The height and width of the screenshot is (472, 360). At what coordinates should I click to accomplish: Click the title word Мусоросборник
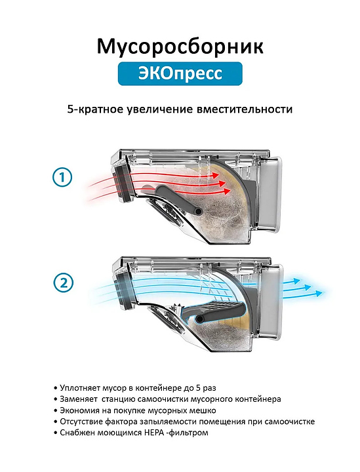[x=180, y=47]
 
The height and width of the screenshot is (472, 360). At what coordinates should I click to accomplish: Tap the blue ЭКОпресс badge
[x=180, y=73]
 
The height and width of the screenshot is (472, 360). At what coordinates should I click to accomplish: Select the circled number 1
[x=62, y=177]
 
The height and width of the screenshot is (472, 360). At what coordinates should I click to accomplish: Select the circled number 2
[x=63, y=283]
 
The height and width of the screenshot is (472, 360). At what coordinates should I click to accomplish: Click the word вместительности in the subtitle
[x=244, y=109]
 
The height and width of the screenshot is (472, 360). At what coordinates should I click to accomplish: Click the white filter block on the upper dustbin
[x=270, y=195]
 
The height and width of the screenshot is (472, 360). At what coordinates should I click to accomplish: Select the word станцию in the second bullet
[x=119, y=399]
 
